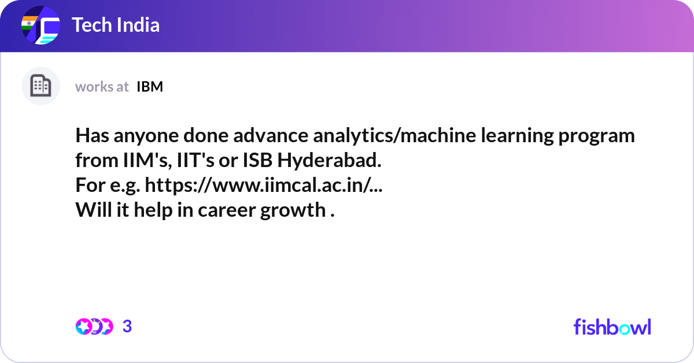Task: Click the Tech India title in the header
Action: pyautogui.click(x=116, y=25)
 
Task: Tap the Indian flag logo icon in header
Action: pyautogui.click(x=40, y=25)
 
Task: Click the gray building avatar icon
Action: pyautogui.click(x=40, y=86)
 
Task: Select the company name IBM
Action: pyautogui.click(x=150, y=87)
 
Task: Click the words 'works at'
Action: pyautogui.click(x=102, y=87)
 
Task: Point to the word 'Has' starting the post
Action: pyautogui.click(x=91, y=136)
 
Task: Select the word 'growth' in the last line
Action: pyautogui.click(x=293, y=210)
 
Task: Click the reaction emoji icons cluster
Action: pyautogui.click(x=94, y=327)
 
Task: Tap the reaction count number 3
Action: pyautogui.click(x=127, y=327)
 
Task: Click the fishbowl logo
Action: pyautogui.click(x=612, y=327)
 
